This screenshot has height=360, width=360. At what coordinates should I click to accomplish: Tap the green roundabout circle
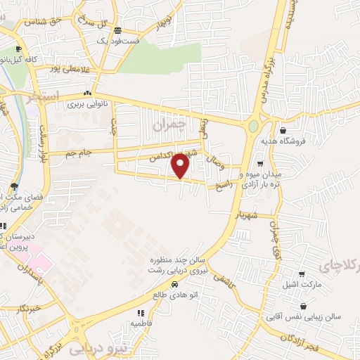click(x=253, y=127)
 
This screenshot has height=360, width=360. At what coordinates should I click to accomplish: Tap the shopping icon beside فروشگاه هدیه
click(x=283, y=130)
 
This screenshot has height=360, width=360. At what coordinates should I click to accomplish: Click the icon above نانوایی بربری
click(x=88, y=93)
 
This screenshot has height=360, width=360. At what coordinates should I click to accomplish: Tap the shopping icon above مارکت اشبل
click(x=302, y=274)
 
